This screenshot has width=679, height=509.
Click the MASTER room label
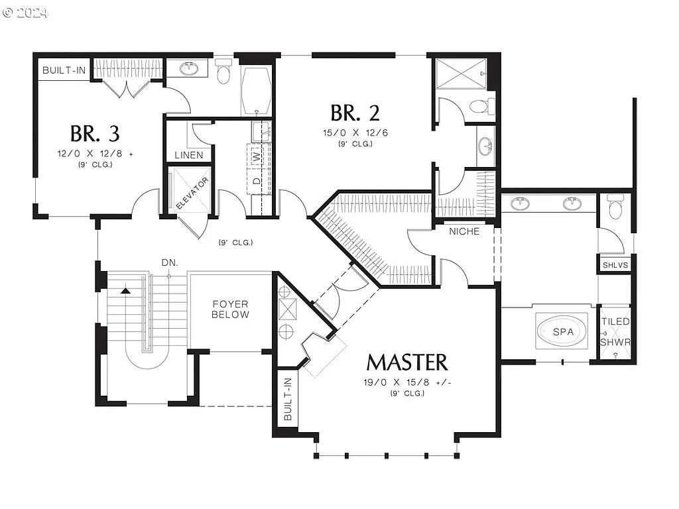tap(406, 362)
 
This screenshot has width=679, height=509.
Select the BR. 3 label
tap(95, 133)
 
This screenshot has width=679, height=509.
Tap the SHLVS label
tap(615, 265)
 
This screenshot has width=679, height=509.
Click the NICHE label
tap(464, 231)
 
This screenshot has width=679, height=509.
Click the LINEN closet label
tap(189, 155)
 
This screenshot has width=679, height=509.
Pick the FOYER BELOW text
tap(230, 310)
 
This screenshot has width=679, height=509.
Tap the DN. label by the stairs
tap(169, 262)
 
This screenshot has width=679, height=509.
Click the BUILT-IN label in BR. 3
tap(63, 70)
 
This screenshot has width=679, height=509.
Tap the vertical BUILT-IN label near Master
tap(288, 399)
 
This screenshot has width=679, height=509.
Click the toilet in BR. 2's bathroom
tap(481, 106)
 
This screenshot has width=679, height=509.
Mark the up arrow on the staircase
tap(125, 289)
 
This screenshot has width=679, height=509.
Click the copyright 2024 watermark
tap(25, 13)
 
